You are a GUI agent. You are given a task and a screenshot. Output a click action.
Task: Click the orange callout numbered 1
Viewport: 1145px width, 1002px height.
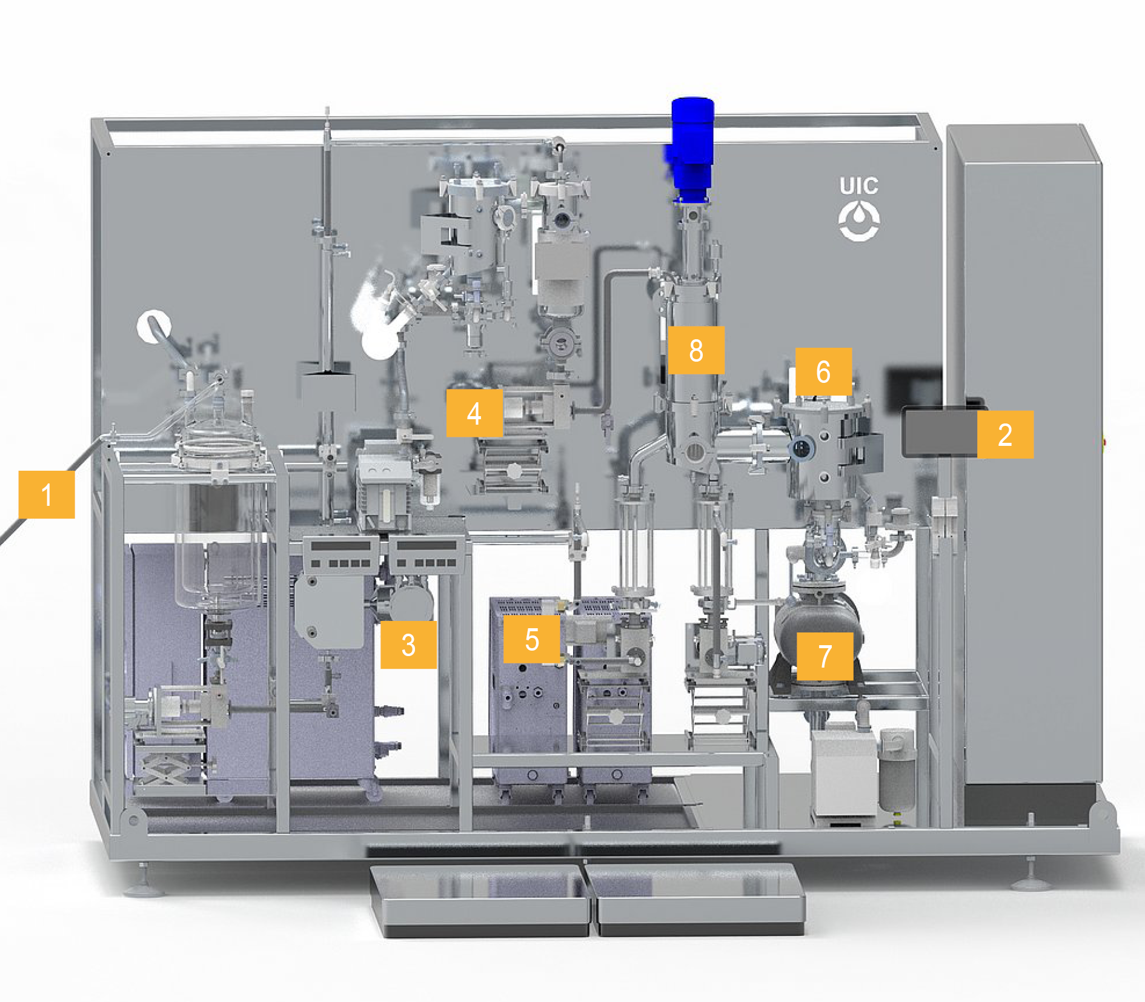[x=47, y=494]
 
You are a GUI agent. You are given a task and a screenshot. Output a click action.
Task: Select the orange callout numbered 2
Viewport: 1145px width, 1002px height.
[x=1005, y=434]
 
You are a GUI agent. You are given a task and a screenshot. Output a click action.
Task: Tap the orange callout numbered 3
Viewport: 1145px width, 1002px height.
[x=408, y=645]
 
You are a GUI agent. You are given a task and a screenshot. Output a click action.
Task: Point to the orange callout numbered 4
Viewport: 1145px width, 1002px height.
[x=474, y=413]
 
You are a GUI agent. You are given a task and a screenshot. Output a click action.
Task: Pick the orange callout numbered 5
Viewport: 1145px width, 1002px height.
[x=531, y=639]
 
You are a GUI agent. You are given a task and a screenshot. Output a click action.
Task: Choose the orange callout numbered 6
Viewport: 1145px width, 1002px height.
[x=823, y=371]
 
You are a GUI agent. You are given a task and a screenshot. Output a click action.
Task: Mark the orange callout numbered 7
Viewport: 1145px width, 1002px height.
[x=825, y=657]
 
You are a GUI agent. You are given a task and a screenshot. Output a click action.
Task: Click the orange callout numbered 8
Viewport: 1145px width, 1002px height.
[x=696, y=350]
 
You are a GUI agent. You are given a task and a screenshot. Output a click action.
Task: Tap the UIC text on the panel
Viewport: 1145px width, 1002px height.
[x=858, y=186]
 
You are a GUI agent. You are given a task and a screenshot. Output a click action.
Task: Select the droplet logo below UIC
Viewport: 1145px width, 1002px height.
[x=859, y=221]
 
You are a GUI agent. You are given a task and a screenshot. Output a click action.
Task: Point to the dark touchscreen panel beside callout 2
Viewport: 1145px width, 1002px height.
[x=940, y=431]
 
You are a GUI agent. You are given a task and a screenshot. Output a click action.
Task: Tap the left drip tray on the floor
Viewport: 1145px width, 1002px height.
[x=480, y=900]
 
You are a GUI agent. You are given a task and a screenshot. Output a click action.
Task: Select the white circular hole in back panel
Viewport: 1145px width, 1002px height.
[x=154, y=327]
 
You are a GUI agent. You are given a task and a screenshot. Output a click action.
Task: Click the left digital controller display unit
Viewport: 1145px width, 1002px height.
[x=342, y=554]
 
